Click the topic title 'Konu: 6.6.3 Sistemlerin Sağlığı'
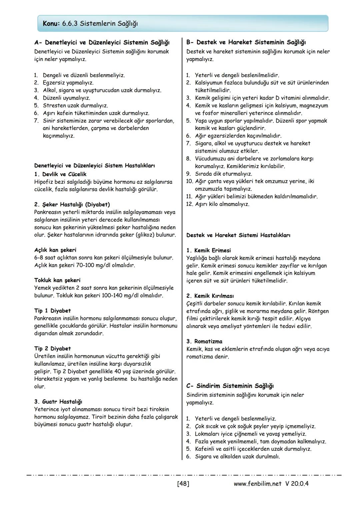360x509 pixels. pos(90,24)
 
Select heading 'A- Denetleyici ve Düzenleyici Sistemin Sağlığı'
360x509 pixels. pos(102,43)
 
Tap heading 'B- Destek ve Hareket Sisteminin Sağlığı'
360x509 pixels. pos(246,42)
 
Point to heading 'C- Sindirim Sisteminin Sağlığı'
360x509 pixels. pos(230,386)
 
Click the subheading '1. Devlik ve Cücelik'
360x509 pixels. pos(60,174)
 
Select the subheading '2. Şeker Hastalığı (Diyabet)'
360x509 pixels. pos(72,205)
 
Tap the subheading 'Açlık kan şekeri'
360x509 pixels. pos(55,250)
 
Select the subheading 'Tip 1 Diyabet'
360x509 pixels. pos(53,311)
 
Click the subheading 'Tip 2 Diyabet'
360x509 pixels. pos(53,349)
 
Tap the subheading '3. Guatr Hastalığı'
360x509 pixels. pos(58,402)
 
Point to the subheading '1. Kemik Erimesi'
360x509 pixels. pos(209,250)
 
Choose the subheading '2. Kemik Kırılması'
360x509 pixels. pos(210,296)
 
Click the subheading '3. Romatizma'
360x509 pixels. pos(204,341)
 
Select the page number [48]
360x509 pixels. pos(183,484)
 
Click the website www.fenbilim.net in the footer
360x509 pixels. pos(258,484)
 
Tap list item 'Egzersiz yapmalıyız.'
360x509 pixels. pos(68,83)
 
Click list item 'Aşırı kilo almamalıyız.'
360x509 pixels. pos(222,204)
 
